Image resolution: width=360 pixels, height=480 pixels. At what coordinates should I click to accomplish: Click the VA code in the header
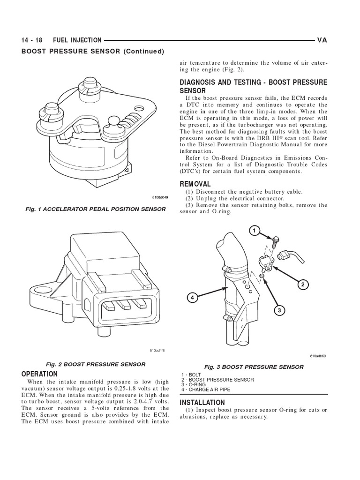point(322,41)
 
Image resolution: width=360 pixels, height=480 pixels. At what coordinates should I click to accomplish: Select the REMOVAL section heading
point(195,184)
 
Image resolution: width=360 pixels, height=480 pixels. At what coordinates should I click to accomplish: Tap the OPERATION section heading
point(40,374)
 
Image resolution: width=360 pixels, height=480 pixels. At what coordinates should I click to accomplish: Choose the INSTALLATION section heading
point(202,403)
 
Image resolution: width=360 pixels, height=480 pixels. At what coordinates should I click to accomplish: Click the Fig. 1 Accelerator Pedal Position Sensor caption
point(95,209)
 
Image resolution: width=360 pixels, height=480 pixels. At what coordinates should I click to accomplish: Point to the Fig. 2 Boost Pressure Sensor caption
point(95,364)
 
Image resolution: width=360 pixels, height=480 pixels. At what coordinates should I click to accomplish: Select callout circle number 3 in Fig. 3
point(278,310)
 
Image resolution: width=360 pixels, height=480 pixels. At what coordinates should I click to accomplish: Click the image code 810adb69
point(317,356)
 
